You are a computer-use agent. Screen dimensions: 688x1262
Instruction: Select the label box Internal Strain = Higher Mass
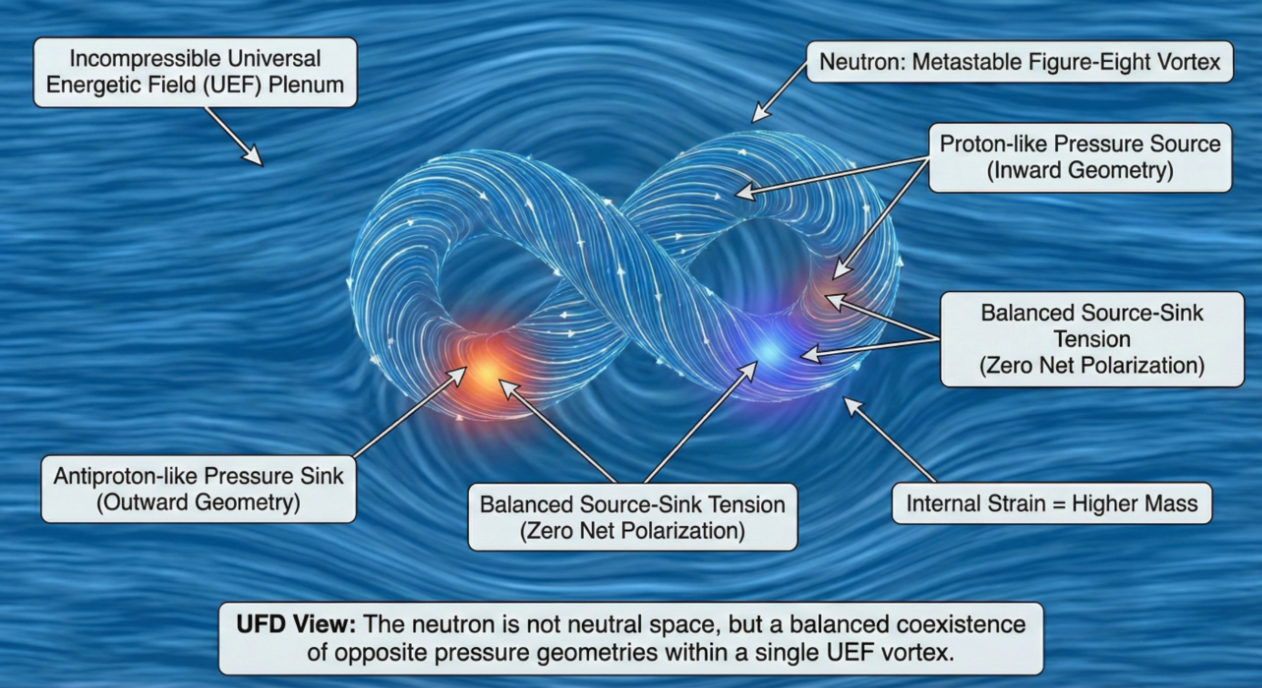pyautogui.click(x=1051, y=503)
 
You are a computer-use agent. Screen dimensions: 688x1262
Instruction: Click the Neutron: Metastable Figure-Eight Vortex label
pyautogui.click(x=1019, y=62)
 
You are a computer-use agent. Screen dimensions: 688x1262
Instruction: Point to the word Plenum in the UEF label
pyautogui.click(x=306, y=85)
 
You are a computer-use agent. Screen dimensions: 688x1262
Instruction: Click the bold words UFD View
pyautogui.click(x=296, y=624)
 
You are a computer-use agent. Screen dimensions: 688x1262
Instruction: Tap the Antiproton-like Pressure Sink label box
pyautogui.click(x=198, y=489)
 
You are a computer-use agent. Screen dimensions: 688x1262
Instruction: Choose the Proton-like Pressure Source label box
pyautogui.click(x=1080, y=157)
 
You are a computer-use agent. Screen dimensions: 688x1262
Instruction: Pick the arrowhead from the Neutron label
pyautogui.click(x=758, y=116)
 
